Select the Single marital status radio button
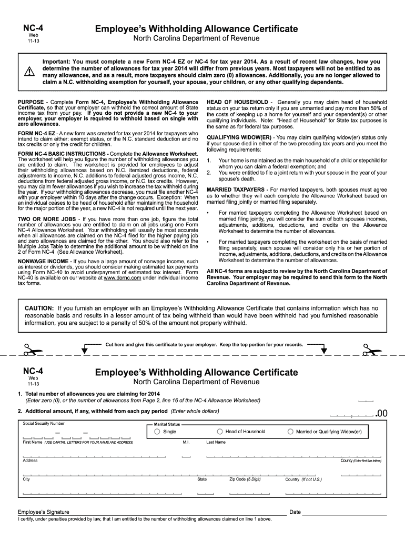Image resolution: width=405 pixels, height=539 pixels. click(x=157, y=432)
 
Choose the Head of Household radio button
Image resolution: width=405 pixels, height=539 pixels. click(x=220, y=432)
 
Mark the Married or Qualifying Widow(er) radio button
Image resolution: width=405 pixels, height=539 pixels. click(x=290, y=432)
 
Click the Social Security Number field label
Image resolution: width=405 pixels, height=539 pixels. click(x=44, y=423)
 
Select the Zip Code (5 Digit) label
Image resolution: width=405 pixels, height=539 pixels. click(x=245, y=480)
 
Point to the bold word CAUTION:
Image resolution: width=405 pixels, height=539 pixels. click(x=39, y=308)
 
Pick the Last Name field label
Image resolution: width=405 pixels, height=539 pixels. click(x=216, y=442)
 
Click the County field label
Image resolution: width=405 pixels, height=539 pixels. click(x=346, y=461)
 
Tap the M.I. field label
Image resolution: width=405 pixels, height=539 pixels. click(x=186, y=442)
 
